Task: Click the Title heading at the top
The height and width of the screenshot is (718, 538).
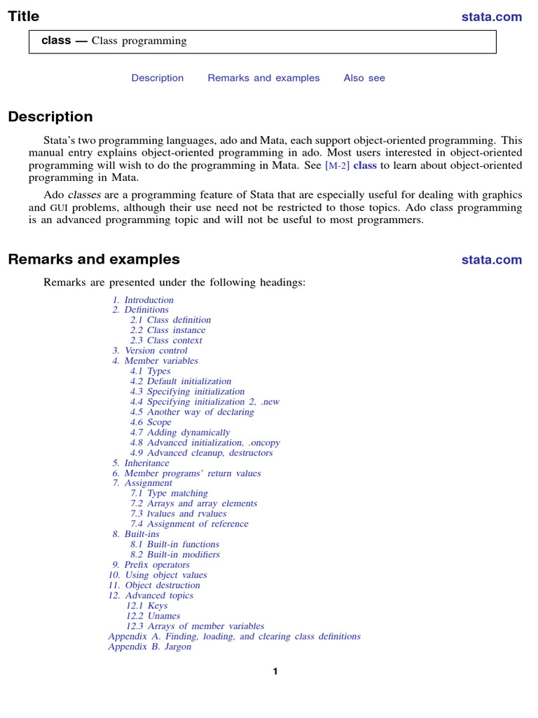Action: coord(24,16)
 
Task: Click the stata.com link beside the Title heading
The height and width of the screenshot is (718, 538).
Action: coord(491,17)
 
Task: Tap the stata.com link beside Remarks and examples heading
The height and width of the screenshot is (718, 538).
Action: coord(491,260)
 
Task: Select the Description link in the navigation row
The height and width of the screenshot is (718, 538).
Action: coord(158,78)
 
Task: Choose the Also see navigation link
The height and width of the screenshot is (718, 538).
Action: coord(364,78)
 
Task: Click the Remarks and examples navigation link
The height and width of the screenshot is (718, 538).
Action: coord(263,78)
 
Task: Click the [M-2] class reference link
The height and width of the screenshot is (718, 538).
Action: coord(350,165)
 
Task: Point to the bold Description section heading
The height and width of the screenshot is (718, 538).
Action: coord(50,117)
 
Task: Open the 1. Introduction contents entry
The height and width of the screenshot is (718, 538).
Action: coord(143,300)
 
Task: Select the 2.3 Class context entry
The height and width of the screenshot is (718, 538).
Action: coord(166,341)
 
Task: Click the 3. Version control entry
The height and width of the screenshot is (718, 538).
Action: coord(150,351)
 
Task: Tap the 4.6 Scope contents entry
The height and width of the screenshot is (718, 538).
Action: coord(151,422)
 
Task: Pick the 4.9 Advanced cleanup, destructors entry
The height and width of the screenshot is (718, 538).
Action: coord(201,453)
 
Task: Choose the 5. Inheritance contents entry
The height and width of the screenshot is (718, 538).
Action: coord(141,463)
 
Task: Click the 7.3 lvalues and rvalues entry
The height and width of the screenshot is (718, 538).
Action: coord(178,513)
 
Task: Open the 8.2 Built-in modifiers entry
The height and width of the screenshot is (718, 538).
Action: coord(174,555)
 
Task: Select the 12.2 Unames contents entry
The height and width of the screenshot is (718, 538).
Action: coord(153,616)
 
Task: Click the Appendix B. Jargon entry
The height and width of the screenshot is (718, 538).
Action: coord(149,646)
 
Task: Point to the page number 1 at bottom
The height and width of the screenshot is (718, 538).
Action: coord(275,672)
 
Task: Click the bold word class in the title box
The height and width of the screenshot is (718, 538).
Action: coord(56,41)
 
